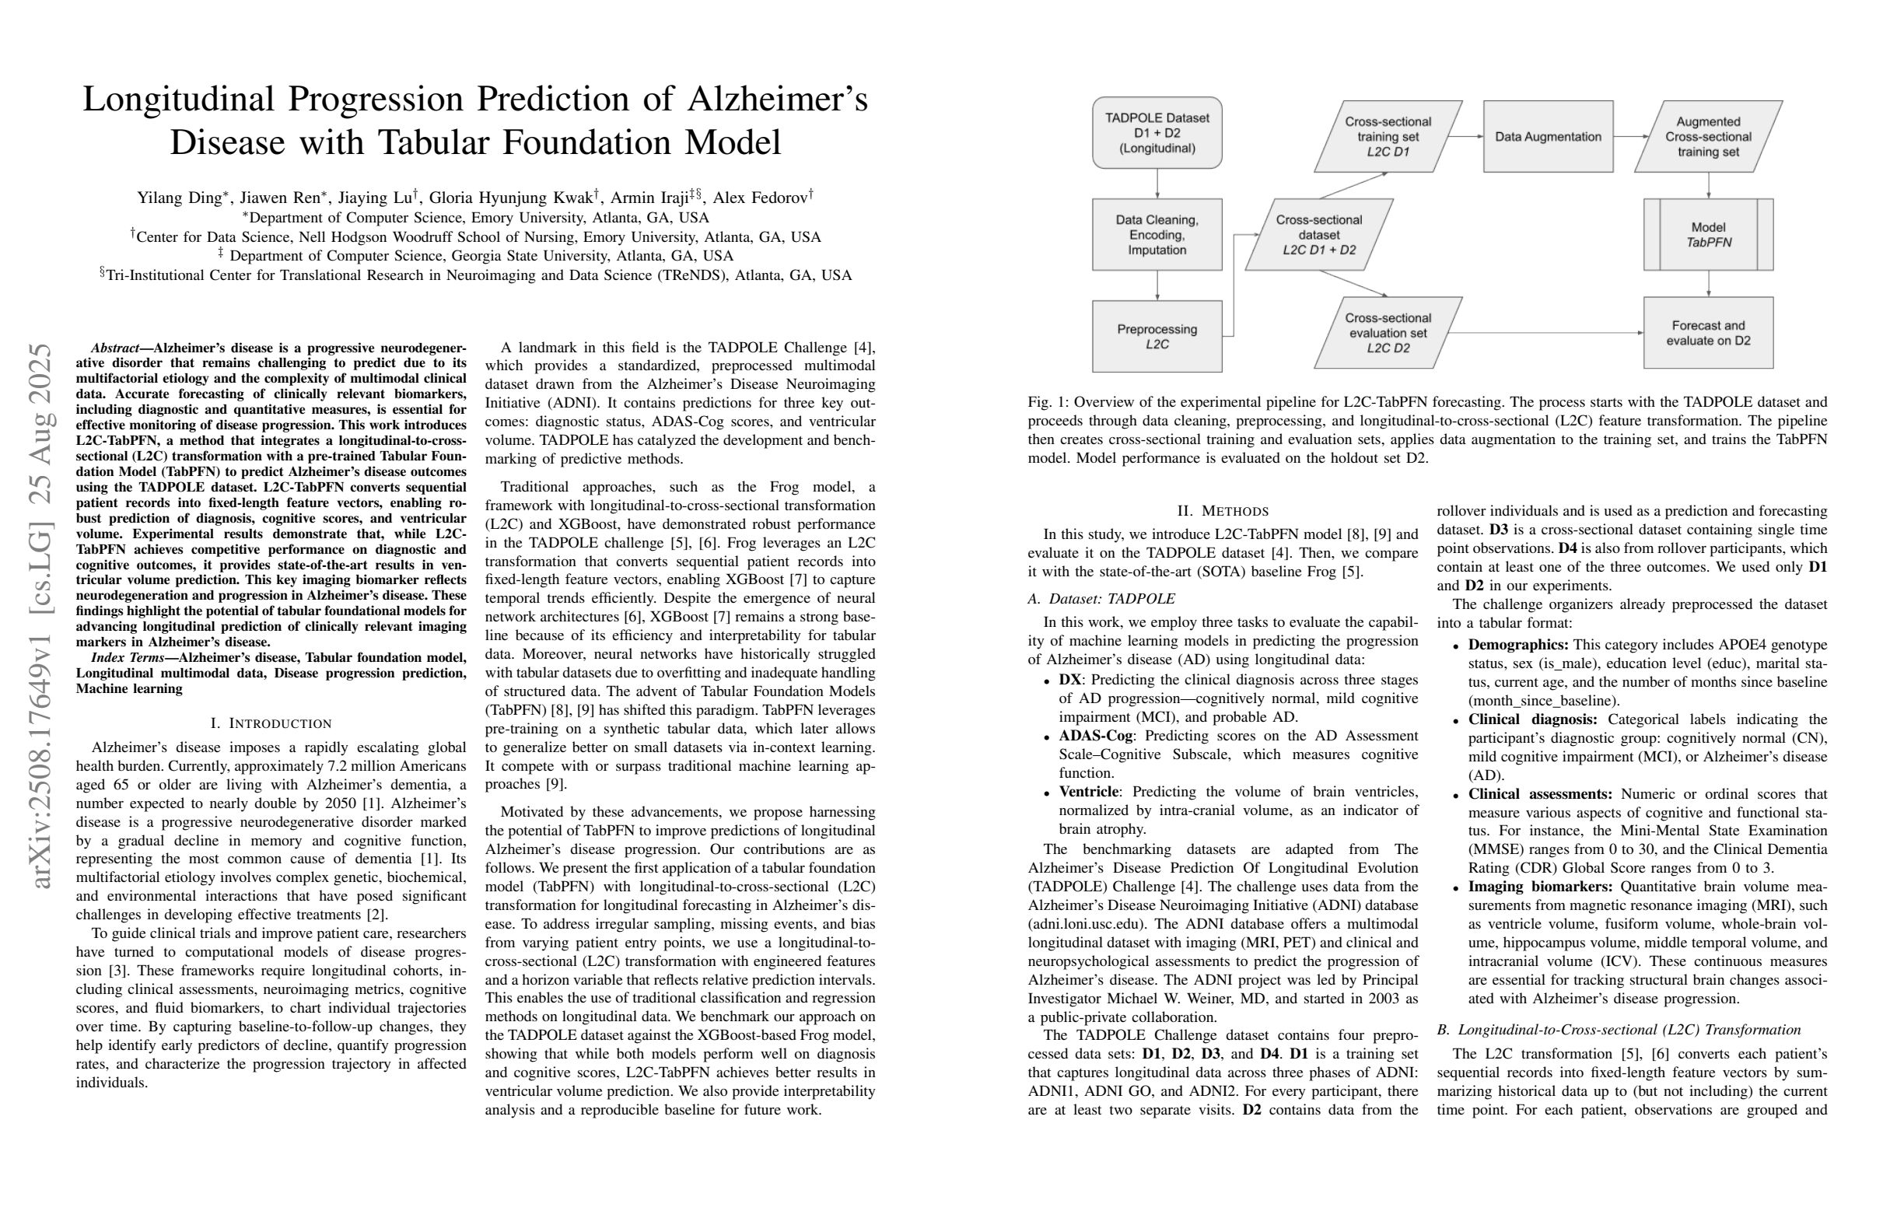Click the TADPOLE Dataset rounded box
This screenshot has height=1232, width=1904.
[1157, 133]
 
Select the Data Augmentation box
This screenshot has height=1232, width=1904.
[1547, 137]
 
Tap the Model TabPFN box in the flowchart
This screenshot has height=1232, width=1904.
[1708, 234]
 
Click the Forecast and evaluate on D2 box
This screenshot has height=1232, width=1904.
[1708, 333]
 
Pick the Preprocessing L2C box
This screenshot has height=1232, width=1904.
[1157, 336]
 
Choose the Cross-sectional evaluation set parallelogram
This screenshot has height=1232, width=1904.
[1388, 333]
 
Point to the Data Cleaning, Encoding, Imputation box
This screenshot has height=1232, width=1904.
[1157, 234]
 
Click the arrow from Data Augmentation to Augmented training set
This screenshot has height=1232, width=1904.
[1629, 137]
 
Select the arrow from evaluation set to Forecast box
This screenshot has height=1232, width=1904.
[1544, 333]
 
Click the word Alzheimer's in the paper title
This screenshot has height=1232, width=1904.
[777, 100]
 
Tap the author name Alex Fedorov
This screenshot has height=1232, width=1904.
[760, 198]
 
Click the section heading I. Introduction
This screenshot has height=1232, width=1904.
[271, 723]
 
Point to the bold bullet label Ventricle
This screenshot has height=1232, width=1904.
[1088, 792]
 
